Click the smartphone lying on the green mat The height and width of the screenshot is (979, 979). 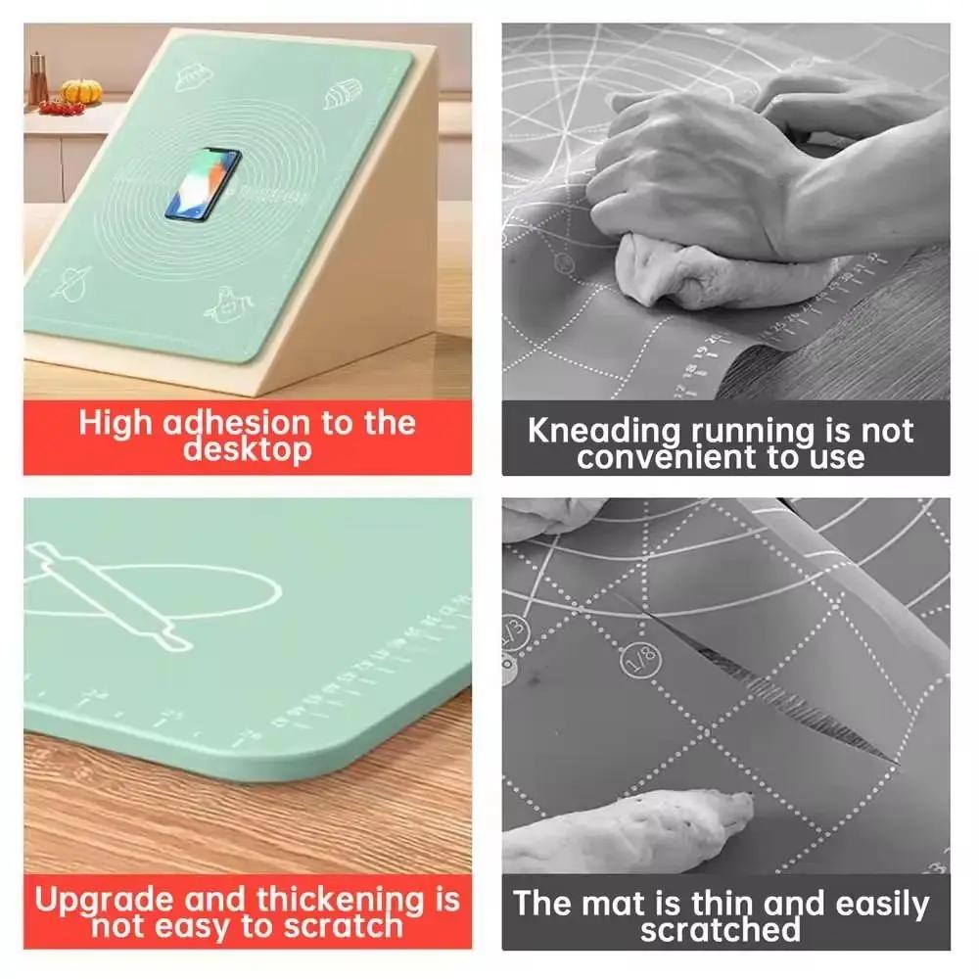(x=203, y=183)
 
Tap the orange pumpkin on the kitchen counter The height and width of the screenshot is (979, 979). (x=81, y=92)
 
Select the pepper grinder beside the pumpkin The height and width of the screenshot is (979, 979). (x=38, y=78)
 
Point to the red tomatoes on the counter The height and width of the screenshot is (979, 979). (x=62, y=109)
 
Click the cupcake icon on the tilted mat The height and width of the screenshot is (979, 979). (x=336, y=99)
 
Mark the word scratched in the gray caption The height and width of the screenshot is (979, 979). (x=720, y=929)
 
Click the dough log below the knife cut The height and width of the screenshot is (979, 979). (x=627, y=832)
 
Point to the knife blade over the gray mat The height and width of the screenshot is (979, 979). (x=832, y=587)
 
